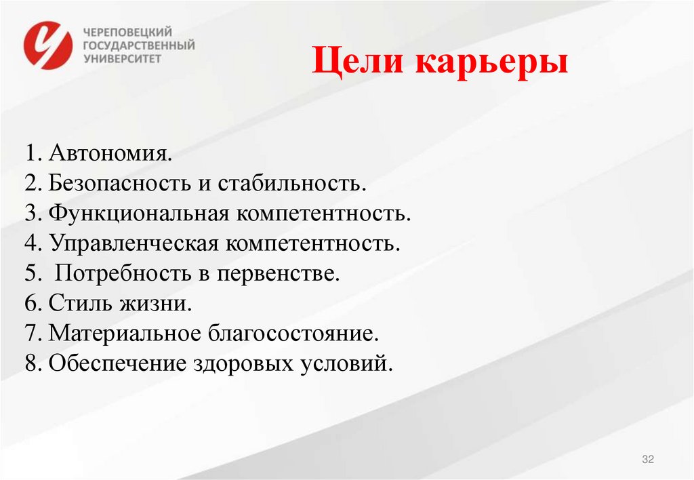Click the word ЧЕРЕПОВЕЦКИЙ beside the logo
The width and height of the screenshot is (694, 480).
[x=127, y=32]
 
